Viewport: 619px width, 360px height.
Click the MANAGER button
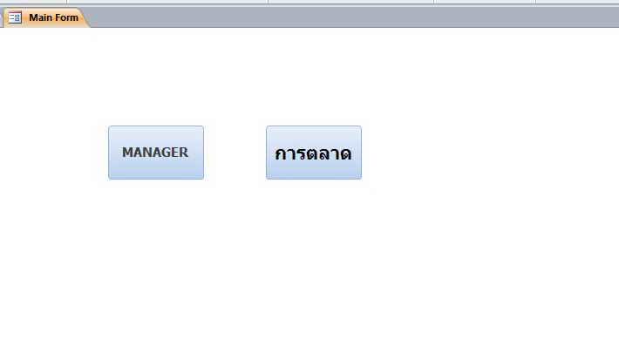(156, 153)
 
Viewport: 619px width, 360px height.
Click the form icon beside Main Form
(15, 17)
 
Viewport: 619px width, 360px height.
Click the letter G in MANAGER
(165, 153)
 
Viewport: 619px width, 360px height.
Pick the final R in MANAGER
(183, 153)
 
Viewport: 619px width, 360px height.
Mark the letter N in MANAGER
(146, 153)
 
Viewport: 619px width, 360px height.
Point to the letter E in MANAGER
(174, 153)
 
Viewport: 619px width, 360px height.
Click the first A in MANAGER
(137, 153)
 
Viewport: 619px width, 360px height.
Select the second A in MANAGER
(155, 153)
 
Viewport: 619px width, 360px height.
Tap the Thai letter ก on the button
(281, 154)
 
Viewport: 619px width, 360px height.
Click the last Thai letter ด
(345, 154)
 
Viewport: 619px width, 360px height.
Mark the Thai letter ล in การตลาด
(323, 154)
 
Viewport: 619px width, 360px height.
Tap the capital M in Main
(33, 17)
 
